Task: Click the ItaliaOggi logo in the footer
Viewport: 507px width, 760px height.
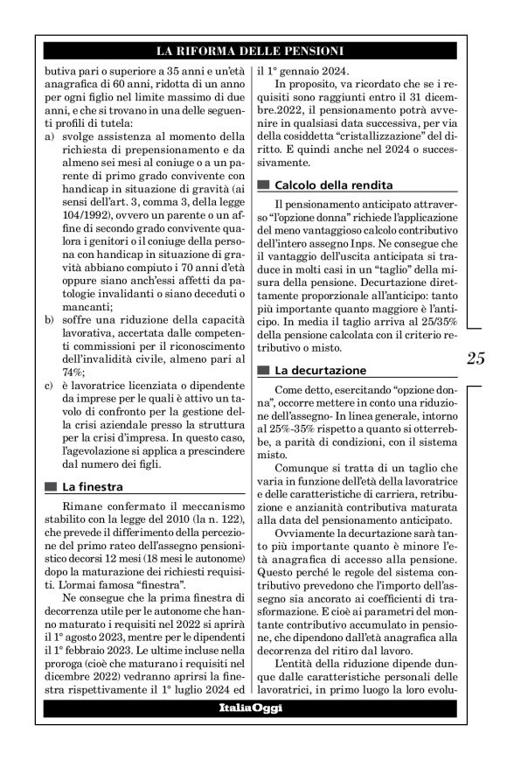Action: pyautogui.click(x=250, y=708)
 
